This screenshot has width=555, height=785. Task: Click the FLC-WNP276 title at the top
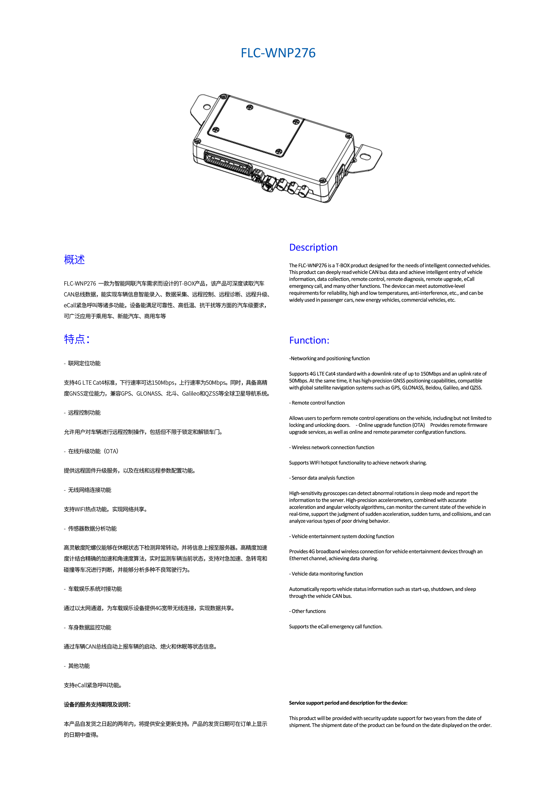(278, 53)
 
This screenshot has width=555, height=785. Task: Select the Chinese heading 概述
(74, 260)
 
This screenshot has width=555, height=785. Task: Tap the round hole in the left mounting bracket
(207, 107)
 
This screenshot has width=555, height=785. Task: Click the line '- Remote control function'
(317, 403)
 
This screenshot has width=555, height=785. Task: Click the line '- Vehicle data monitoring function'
(326, 574)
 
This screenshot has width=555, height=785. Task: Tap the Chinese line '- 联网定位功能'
(82, 363)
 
